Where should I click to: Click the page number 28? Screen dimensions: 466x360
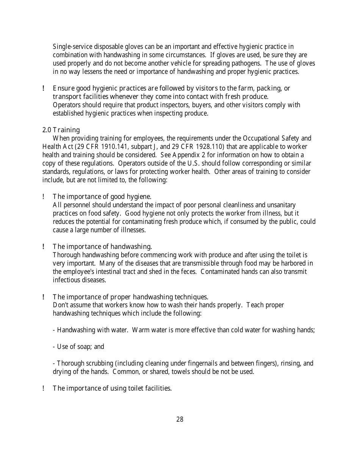click(x=180, y=419)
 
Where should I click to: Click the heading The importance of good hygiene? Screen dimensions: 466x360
click(x=102, y=196)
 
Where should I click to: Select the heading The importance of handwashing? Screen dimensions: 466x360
click(x=102, y=247)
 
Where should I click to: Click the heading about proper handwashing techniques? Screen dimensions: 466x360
click(x=130, y=297)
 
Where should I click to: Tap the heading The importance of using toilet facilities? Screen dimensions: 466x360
click(x=112, y=388)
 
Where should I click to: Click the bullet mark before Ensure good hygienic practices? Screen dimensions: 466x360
click(x=44, y=88)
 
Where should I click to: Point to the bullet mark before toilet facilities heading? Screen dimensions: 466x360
click(x=44, y=388)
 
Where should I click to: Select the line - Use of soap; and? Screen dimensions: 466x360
click(x=78, y=347)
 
